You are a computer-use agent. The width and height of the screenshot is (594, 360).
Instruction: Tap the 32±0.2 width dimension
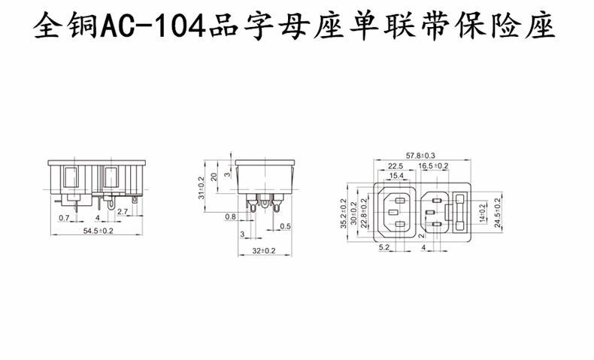(x=263, y=250)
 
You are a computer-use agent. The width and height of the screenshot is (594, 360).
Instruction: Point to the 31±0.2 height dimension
(x=201, y=188)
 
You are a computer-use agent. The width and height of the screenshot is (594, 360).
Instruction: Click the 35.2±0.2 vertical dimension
(x=344, y=213)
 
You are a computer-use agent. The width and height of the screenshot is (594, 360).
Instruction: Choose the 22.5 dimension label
(x=395, y=165)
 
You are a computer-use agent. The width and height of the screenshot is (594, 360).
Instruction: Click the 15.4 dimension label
(x=396, y=175)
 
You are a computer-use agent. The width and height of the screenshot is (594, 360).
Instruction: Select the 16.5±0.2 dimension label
(x=434, y=165)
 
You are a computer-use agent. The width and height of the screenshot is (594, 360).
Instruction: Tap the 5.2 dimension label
(x=383, y=247)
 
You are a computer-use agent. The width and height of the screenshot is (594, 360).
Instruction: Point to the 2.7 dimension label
(x=123, y=213)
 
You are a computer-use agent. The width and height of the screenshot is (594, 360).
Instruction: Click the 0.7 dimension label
(x=64, y=218)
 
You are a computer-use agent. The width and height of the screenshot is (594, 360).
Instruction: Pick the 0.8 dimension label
(x=229, y=217)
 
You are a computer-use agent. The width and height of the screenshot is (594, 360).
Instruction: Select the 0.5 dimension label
(x=285, y=226)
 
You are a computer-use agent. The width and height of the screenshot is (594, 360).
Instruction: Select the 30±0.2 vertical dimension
(x=353, y=213)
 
